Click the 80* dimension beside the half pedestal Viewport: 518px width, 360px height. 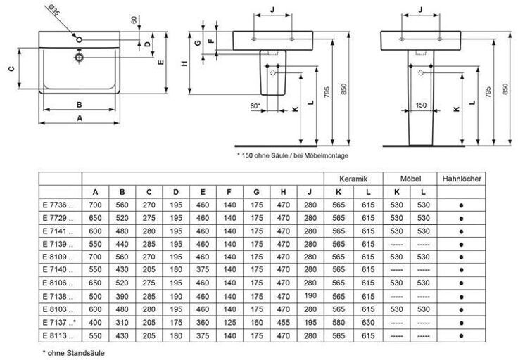click(255, 106)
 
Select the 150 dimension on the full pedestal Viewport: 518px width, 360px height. click(420, 106)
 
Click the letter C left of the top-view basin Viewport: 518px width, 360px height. click(12, 69)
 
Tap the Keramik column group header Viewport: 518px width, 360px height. click(353, 179)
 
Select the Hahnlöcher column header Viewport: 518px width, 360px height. click(462, 179)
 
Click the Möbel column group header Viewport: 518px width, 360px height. click(410, 179)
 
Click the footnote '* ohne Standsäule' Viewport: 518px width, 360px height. click(74, 352)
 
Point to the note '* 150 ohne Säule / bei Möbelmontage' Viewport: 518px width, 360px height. click(293, 154)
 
